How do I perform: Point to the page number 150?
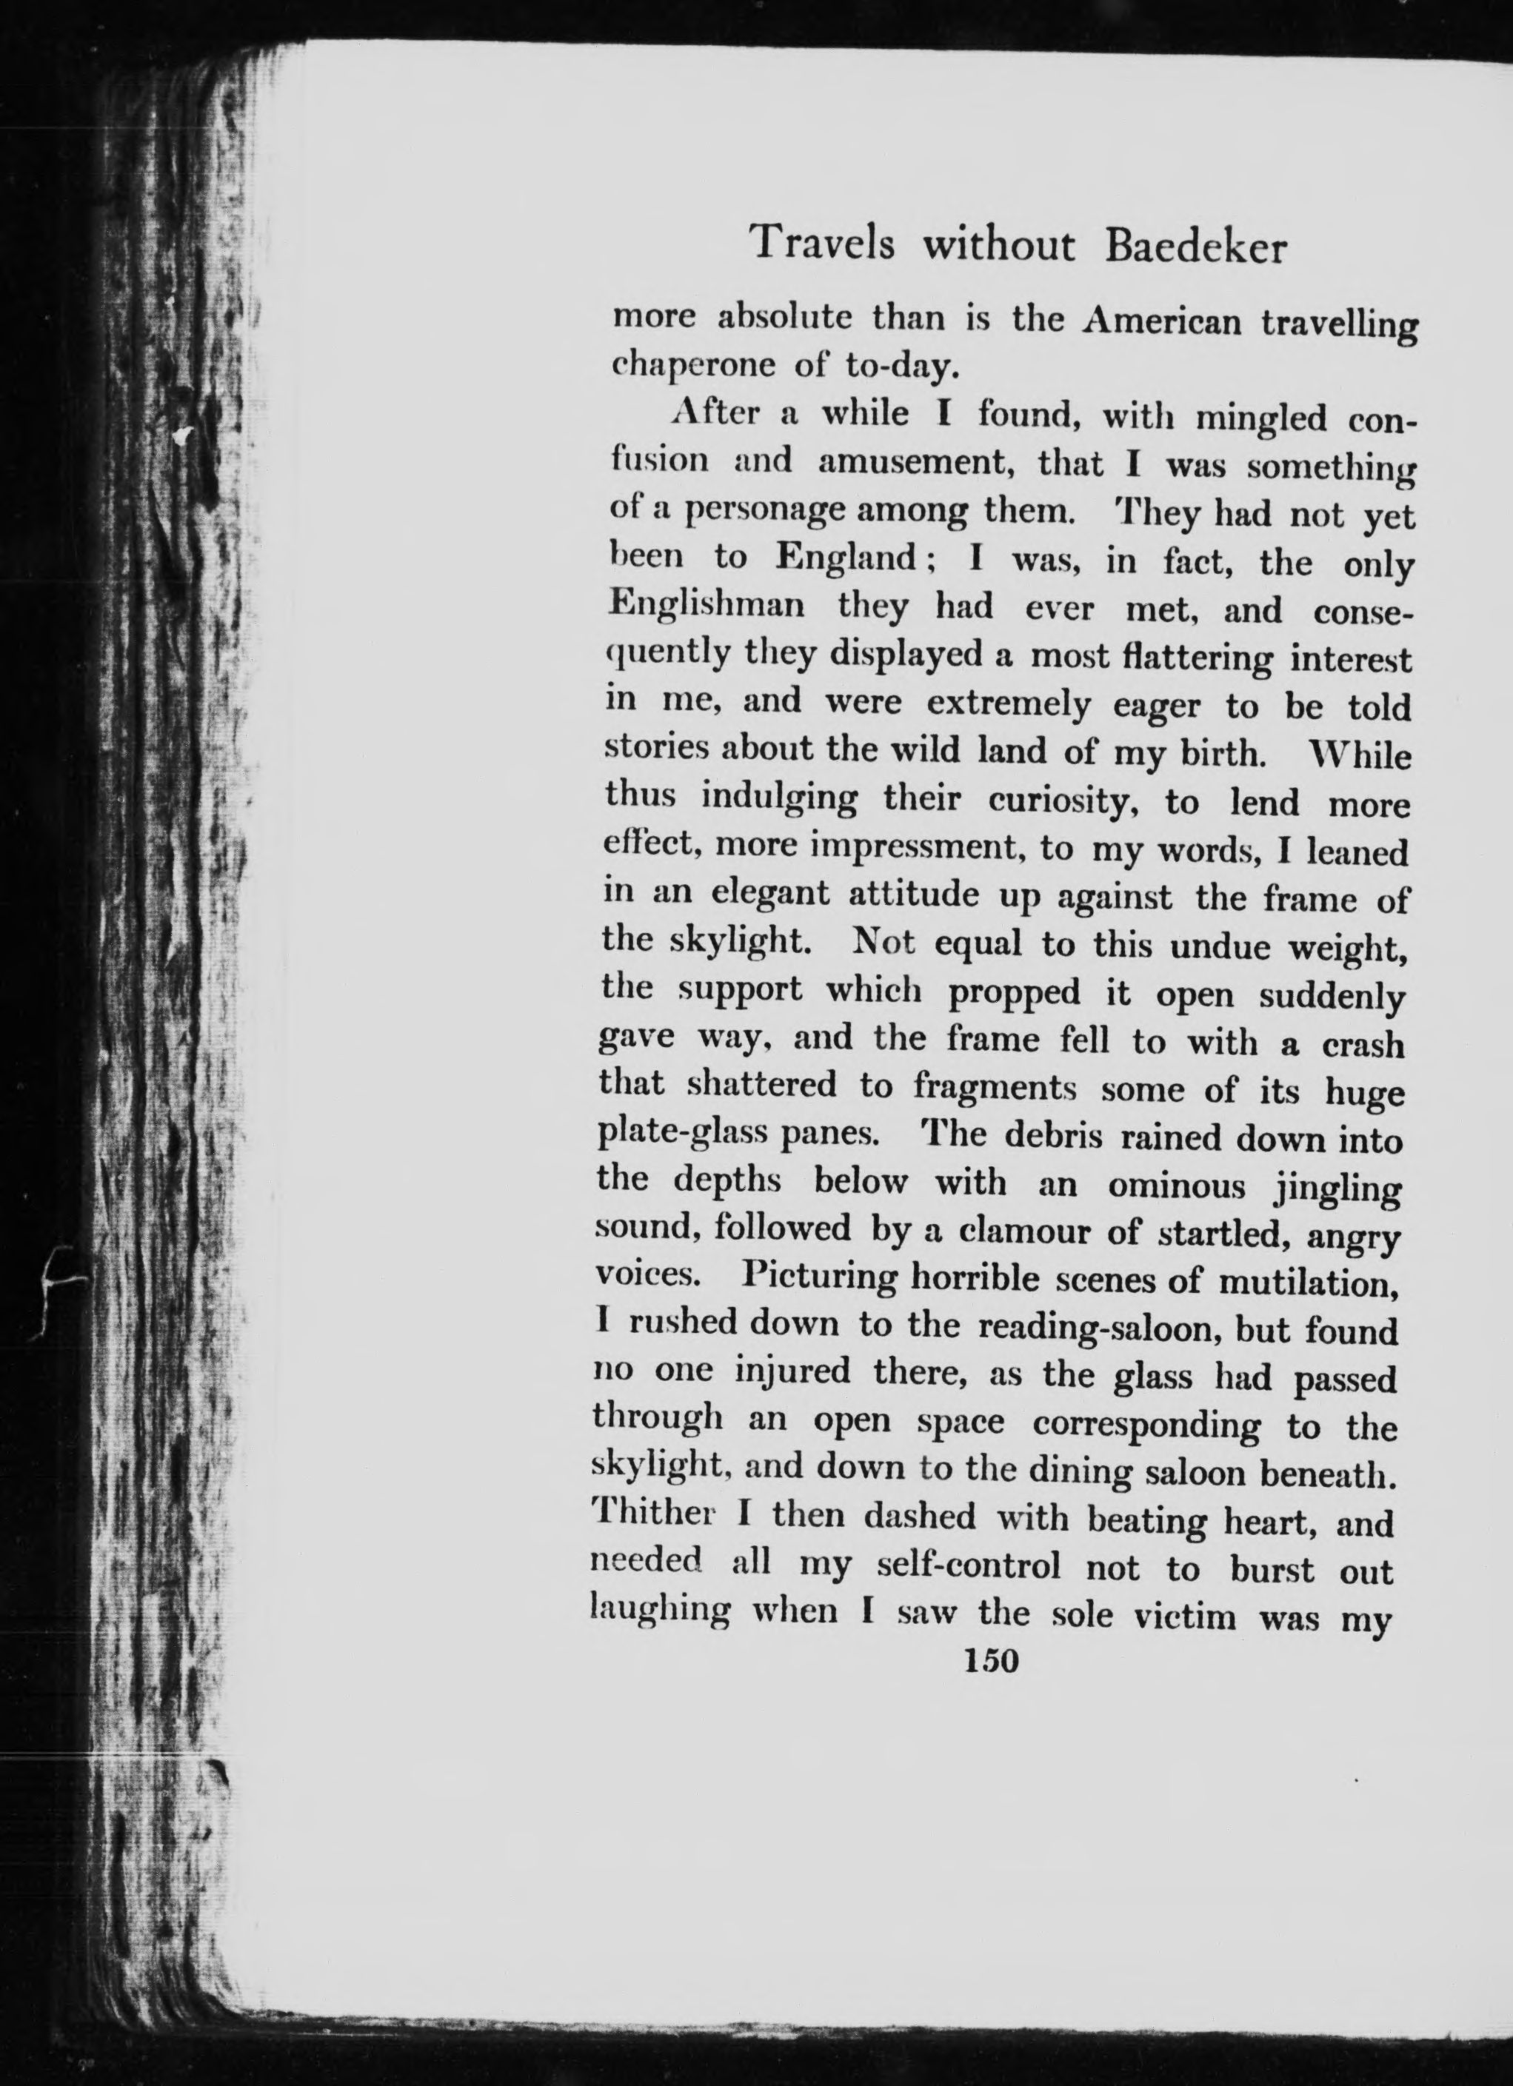(x=989, y=1660)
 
